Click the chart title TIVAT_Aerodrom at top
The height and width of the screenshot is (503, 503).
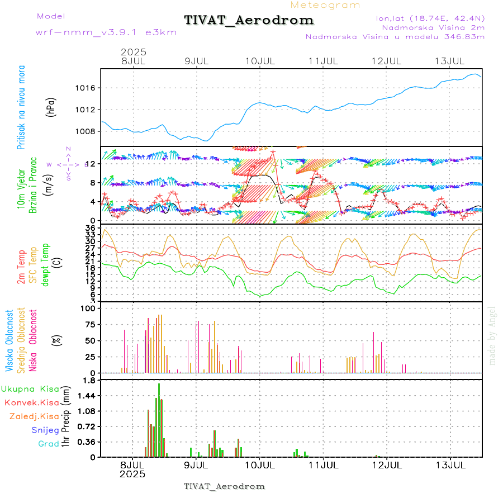coord(249,21)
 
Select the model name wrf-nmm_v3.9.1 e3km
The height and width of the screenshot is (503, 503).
coord(106,32)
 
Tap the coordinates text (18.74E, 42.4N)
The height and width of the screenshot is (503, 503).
coord(431,18)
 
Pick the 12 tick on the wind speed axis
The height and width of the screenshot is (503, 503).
coord(92,163)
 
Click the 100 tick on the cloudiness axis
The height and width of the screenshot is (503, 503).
coord(89,308)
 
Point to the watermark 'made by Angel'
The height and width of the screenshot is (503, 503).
coord(492,335)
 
